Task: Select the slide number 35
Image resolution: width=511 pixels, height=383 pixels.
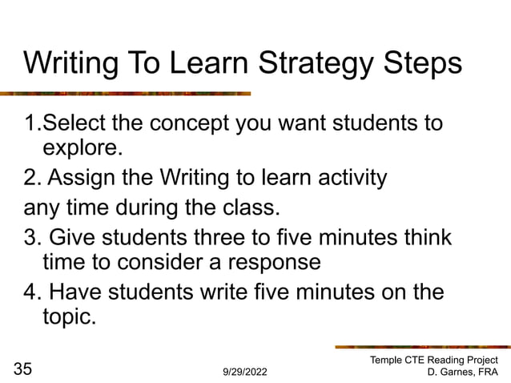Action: pos(24,369)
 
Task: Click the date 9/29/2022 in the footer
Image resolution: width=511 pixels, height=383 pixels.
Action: pos(246,373)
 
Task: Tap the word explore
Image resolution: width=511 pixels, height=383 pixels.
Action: pos(83,148)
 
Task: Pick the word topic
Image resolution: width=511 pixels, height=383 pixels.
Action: pos(69,316)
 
